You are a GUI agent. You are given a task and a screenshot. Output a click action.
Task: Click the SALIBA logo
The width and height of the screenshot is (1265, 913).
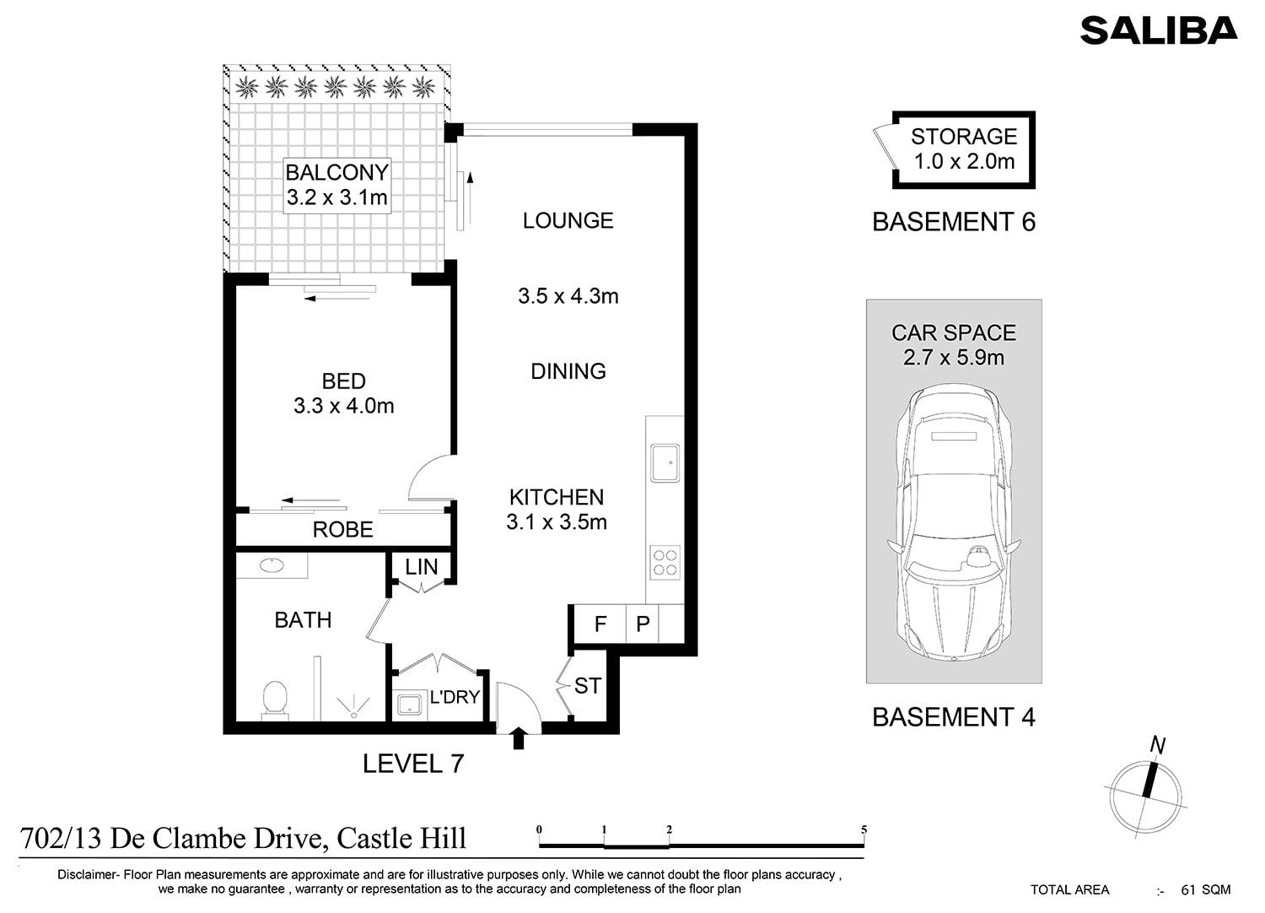pos(1159,30)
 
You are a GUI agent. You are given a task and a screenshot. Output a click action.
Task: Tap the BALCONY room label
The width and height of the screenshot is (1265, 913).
pos(337,172)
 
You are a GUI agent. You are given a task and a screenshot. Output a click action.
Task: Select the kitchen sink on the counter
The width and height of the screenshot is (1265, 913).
pos(665,463)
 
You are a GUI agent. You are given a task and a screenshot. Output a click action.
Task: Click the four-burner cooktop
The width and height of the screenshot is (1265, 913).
pos(665,563)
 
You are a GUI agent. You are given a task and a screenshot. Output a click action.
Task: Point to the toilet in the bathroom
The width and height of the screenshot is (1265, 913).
pos(275,700)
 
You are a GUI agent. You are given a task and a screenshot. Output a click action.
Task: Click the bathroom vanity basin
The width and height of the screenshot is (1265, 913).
pos(272,565)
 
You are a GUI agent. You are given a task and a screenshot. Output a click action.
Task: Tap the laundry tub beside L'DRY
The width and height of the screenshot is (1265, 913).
pos(409,705)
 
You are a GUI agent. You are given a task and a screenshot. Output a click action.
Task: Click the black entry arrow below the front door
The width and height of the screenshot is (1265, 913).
pos(519,738)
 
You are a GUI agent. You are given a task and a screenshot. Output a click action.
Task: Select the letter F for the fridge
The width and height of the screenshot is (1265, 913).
pos(600,624)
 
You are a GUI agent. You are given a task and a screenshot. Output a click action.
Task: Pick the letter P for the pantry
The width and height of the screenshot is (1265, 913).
pos(643,624)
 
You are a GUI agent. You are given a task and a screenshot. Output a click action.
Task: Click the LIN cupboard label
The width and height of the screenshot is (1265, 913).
pos(422,567)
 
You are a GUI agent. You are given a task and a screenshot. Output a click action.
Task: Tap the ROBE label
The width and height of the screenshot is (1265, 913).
pos(342,529)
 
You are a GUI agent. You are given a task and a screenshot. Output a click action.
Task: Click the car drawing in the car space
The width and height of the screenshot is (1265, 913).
pos(954,521)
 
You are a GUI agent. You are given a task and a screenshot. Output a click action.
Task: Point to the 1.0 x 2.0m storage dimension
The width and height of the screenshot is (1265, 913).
pos(964,161)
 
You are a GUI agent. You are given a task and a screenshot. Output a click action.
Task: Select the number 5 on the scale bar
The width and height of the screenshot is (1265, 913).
pos(864,830)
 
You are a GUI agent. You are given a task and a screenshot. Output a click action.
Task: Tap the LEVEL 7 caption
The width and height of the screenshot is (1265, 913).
pos(413,764)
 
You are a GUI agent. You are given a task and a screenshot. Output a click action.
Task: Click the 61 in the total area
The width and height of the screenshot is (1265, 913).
pos(1188,890)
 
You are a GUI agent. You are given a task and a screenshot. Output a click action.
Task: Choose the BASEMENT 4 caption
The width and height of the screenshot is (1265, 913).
pos(954,717)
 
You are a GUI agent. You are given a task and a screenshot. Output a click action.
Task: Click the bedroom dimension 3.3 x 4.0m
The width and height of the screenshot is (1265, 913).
pos(343,406)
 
